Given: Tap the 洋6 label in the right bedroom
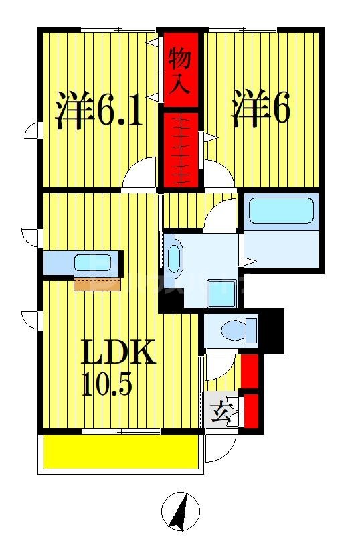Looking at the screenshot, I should pos(261,108).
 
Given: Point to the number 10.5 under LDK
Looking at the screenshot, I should pos(107,384).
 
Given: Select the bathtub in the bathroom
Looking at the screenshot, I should pos(281,210).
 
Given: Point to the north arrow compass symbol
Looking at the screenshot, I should pos(181,512).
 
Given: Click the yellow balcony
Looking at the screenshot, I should pos(120,453).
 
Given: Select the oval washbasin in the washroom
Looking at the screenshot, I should pos(174,258).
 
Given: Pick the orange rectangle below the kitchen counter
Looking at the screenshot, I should pos(98,284).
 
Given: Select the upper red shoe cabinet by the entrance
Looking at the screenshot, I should pos(250,372).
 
